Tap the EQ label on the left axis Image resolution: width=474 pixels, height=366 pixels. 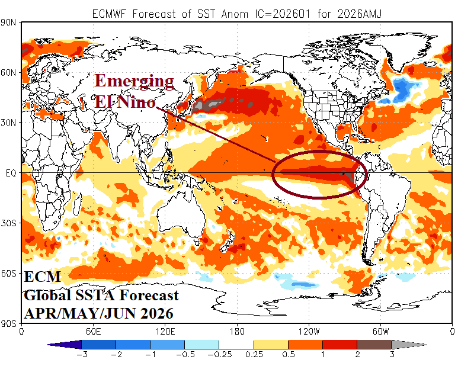(11, 173)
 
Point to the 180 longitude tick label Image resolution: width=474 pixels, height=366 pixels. (237, 331)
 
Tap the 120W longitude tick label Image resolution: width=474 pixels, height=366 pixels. (309, 331)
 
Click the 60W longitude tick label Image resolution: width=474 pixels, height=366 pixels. (380, 331)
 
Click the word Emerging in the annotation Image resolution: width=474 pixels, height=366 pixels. (134, 81)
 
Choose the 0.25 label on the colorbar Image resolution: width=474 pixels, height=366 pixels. (254, 355)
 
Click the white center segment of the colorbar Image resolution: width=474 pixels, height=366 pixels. (236, 343)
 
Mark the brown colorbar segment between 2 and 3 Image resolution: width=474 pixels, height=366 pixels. (374, 343)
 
